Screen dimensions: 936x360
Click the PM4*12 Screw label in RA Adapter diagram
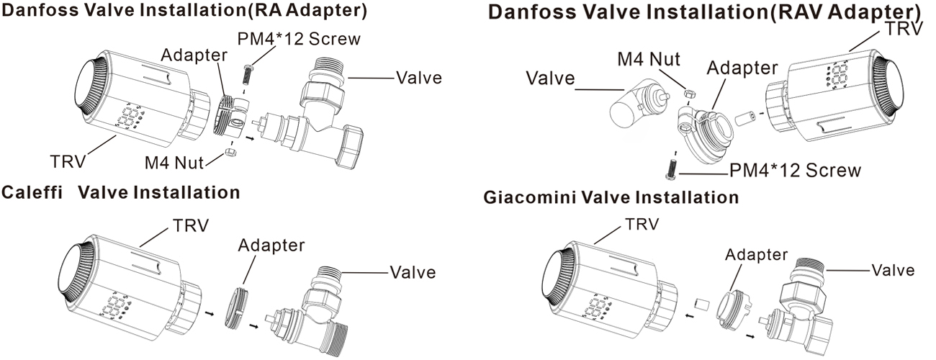pos(299,40)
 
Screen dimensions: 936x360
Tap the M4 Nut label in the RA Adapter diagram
pos(174,163)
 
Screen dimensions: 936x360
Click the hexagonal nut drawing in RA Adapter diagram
pos(230,152)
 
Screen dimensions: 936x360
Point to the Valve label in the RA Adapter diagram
pos(419,78)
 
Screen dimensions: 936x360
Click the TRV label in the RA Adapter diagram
pos(68,161)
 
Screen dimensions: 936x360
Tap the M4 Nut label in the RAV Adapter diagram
pos(649,59)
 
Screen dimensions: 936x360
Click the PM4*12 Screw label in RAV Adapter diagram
pos(795,171)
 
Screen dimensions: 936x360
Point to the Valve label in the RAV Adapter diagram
pos(550,78)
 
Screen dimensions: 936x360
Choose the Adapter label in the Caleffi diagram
pos(271,245)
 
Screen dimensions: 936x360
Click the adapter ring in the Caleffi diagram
pos(236,307)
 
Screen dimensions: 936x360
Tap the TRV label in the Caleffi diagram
pos(191,226)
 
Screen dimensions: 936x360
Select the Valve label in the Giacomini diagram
pos(893,271)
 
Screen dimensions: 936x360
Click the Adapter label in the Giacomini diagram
pos(756,255)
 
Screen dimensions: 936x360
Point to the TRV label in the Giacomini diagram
pos(642,224)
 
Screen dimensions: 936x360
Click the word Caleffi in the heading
pos(32,192)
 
